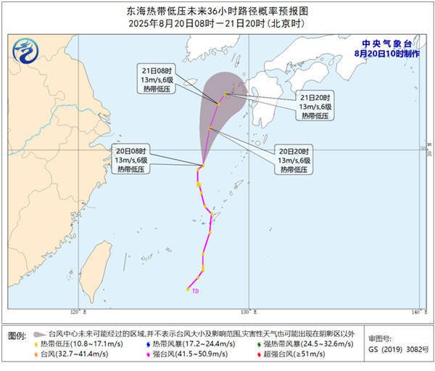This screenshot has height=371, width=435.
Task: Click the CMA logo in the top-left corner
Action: tap(27, 52)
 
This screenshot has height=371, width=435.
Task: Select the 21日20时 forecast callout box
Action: tap(315, 106)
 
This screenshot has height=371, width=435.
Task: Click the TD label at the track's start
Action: tap(195, 291)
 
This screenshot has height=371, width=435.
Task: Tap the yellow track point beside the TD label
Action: tap(187, 289)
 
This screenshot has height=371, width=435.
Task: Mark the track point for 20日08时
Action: tap(202, 166)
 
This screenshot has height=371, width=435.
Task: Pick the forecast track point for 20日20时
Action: tap(210, 129)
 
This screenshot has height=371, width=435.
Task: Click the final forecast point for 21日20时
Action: tap(226, 94)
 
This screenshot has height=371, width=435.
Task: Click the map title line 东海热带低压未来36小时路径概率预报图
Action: tap(217, 12)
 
